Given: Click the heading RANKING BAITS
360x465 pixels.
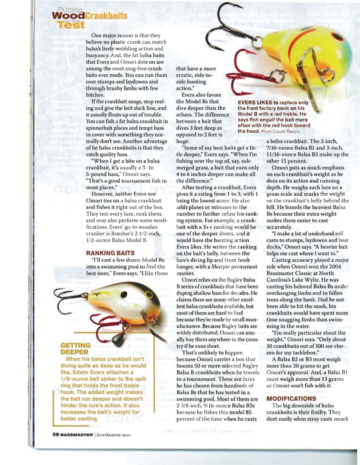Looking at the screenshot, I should tap(110, 253).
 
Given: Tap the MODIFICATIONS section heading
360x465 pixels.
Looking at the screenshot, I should tap(291, 399).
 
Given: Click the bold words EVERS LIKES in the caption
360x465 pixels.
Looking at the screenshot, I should tap(254, 103).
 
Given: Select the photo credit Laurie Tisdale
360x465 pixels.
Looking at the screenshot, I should tap(287, 132).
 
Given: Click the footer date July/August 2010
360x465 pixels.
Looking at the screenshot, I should tap(114, 435).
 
